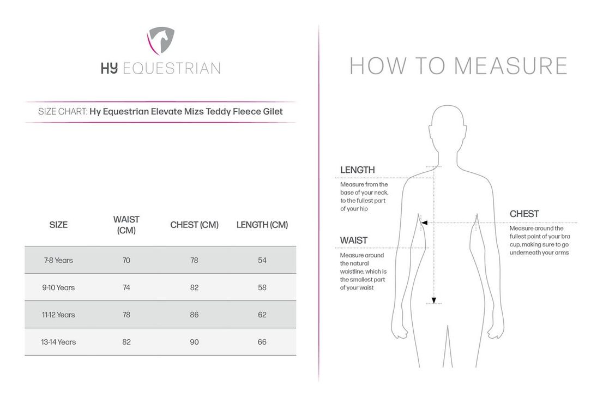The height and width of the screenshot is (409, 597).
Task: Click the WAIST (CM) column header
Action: click(x=126, y=225)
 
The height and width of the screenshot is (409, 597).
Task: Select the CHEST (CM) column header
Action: click(x=194, y=225)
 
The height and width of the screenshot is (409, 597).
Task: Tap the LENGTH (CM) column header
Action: click(x=262, y=225)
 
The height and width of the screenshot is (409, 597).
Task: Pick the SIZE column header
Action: click(x=58, y=225)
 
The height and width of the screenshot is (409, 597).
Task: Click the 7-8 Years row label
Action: click(x=58, y=260)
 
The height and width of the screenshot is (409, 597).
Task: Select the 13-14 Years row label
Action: click(x=58, y=342)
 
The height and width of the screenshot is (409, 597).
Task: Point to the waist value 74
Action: click(x=126, y=287)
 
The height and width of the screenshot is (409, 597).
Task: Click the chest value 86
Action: click(x=194, y=315)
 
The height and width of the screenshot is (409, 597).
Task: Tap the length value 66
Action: click(x=262, y=342)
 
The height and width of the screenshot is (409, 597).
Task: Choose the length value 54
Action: click(x=262, y=260)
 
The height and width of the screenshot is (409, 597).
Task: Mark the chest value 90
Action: click(x=194, y=342)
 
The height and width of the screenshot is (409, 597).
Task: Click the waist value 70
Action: click(x=126, y=260)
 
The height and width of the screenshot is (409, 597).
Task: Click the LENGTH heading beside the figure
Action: click(x=358, y=170)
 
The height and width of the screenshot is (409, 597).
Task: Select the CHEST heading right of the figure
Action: click(x=524, y=214)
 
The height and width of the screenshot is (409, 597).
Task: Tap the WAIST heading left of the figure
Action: click(x=354, y=240)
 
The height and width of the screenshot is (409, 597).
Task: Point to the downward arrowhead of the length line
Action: click(x=434, y=300)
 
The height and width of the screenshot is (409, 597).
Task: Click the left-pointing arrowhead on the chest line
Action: click(x=424, y=222)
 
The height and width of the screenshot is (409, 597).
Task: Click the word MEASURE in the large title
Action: click(x=511, y=65)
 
